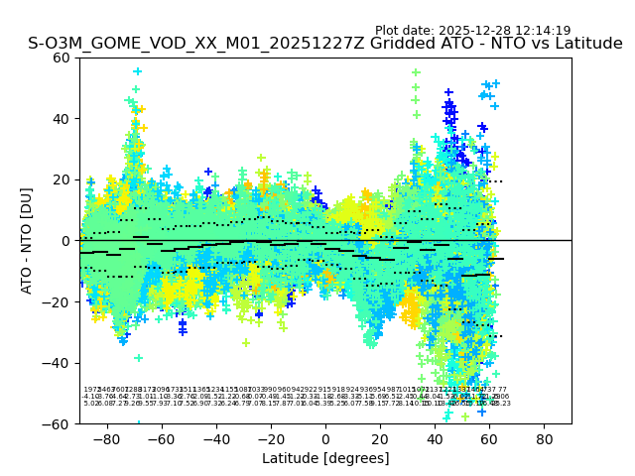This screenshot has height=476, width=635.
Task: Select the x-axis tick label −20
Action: pyautogui.click(x=270, y=439)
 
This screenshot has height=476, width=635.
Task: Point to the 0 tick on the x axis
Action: pyautogui.click(x=325, y=439)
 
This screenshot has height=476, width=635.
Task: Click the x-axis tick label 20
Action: pyautogui.click(x=380, y=439)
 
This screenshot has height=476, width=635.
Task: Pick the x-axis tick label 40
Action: pyautogui.click(x=435, y=439)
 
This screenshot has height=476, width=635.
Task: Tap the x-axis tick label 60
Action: pyautogui.click(x=489, y=439)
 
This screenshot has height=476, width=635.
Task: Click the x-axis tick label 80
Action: pyautogui.click(x=544, y=439)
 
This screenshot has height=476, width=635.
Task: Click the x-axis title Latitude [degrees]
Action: pyautogui.click(x=325, y=458)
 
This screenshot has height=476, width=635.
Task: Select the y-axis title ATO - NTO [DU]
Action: pyautogui.click(x=27, y=241)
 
